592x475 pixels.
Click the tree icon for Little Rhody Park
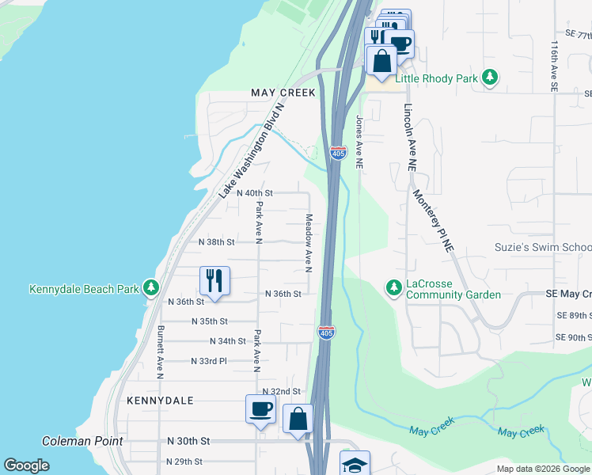pyautogui.click(x=491, y=78)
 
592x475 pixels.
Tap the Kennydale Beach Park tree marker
pyautogui.click(x=150, y=289)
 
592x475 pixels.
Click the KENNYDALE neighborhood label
pyautogui.click(x=160, y=401)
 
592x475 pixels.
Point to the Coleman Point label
pyautogui.click(x=82, y=441)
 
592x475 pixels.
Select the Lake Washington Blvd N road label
pyautogui.click(x=250, y=150)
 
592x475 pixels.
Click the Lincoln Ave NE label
pyautogui.click(x=410, y=138)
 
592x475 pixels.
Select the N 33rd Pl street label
pyautogui.click(x=209, y=361)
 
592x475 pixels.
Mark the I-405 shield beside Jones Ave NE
pyautogui.click(x=338, y=152)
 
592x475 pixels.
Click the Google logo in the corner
pyautogui.click(x=27, y=465)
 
